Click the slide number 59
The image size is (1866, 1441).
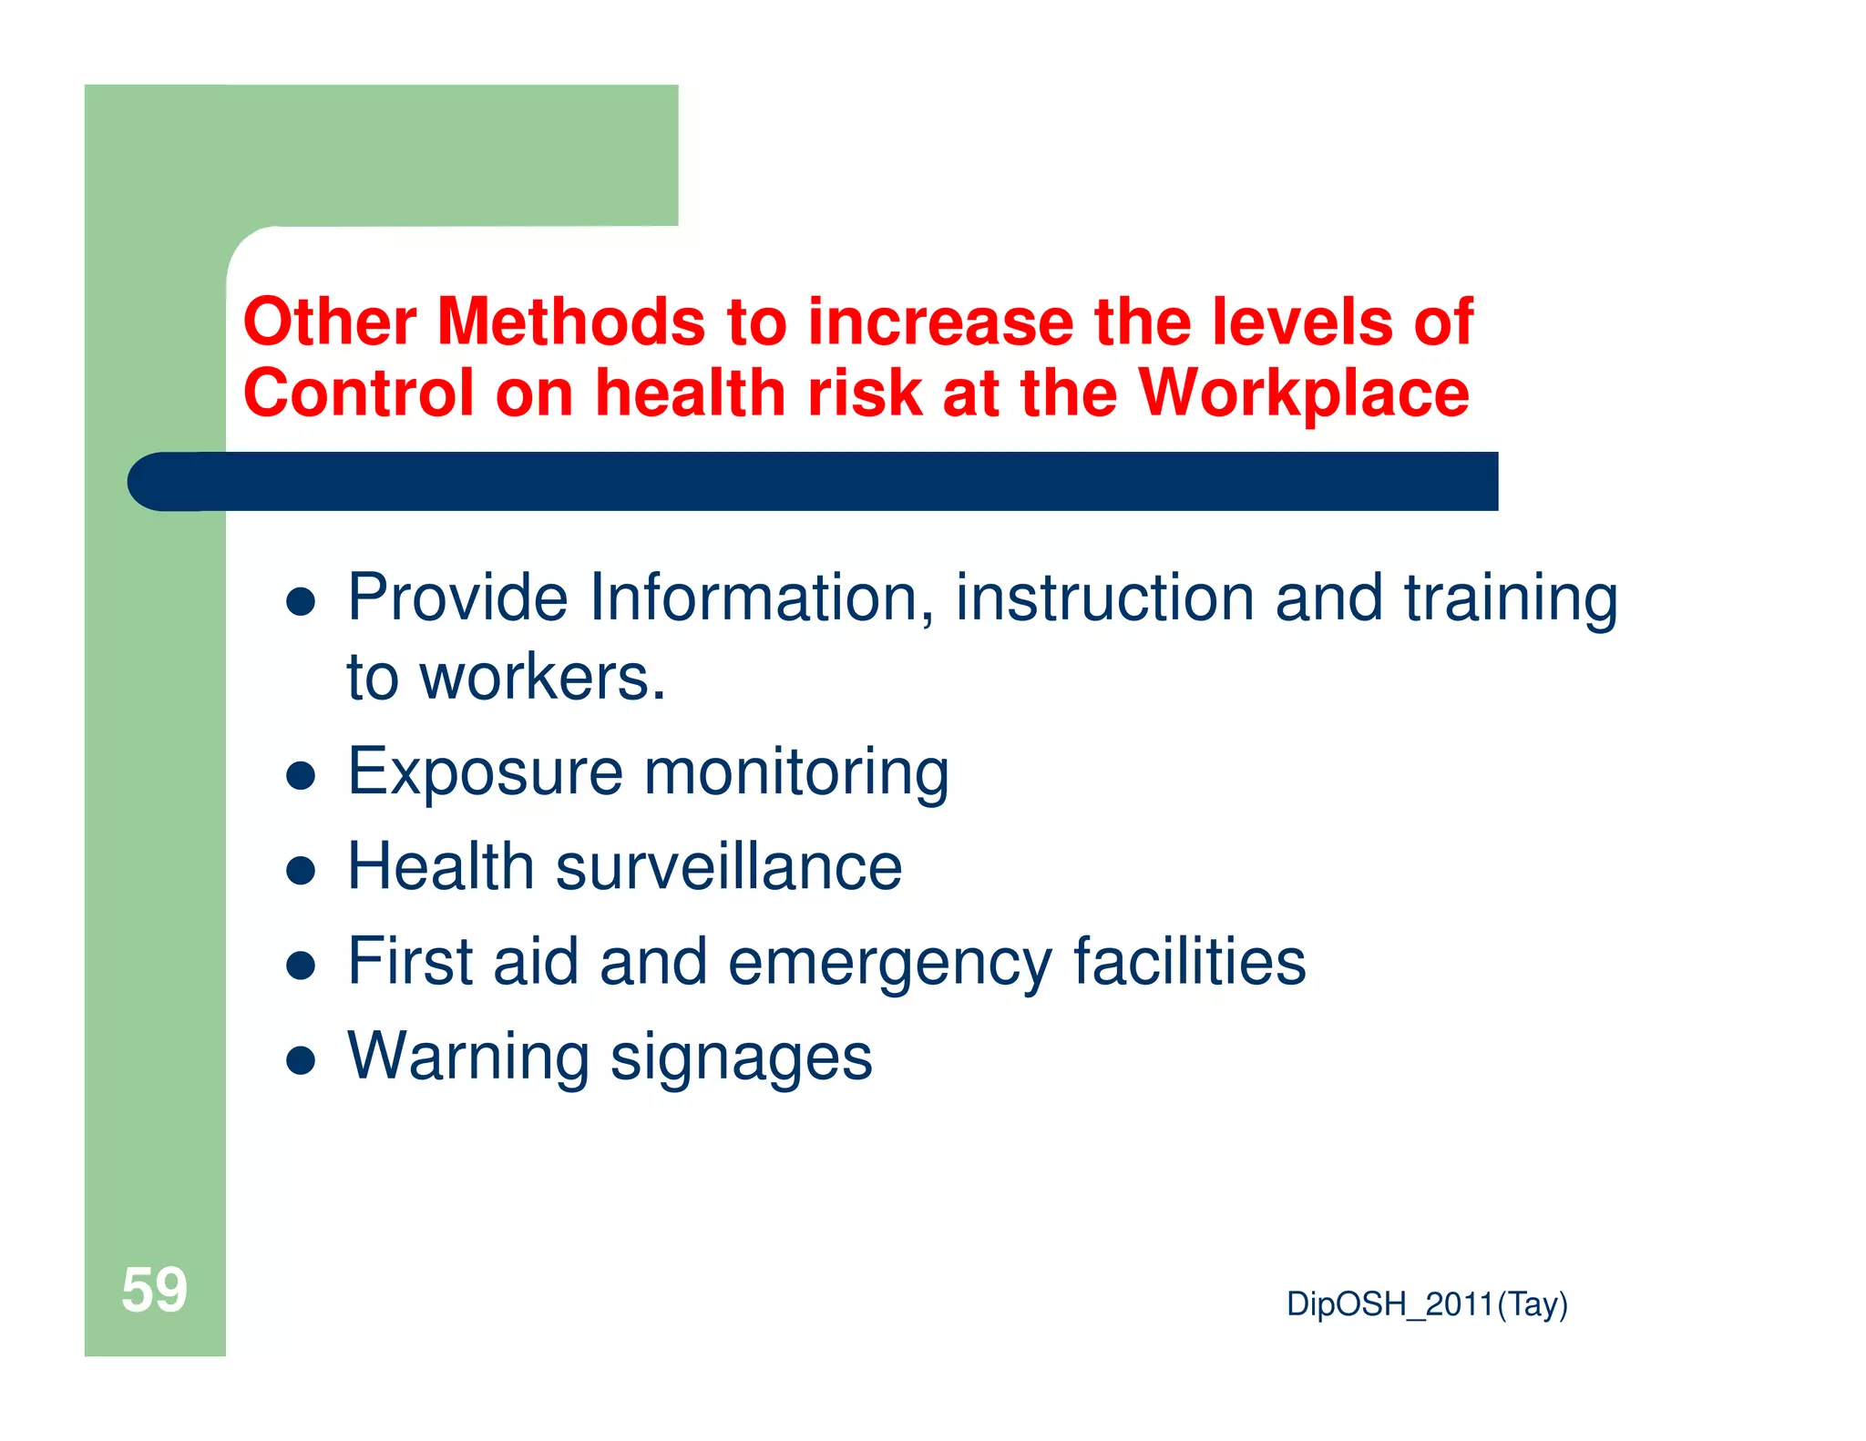[x=154, y=1290]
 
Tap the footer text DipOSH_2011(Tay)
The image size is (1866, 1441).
[x=1426, y=1304]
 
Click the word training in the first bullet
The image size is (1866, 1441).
[x=1511, y=599]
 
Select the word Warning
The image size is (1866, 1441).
[x=468, y=1057]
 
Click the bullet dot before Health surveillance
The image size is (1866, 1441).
[x=301, y=871]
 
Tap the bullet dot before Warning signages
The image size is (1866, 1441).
[x=301, y=1060]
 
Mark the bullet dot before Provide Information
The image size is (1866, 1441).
[x=301, y=602]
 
